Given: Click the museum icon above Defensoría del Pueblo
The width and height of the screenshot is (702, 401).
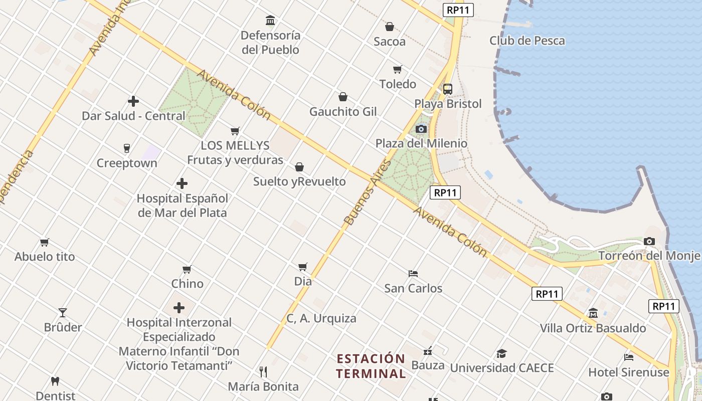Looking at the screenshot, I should (270, 21).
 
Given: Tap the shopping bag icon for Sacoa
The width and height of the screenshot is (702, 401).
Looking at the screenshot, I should (389, 27).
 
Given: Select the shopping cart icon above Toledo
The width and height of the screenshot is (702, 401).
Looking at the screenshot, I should (398, 69).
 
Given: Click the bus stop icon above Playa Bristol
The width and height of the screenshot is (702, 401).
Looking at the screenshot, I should (448, 89).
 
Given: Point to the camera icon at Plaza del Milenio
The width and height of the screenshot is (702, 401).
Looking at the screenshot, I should (421, 129).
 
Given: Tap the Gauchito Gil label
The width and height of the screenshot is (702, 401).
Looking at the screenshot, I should (343, 111).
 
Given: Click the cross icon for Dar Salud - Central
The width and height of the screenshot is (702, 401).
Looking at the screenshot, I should (133, 101).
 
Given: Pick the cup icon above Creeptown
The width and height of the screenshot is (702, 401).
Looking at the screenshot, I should (127, 148).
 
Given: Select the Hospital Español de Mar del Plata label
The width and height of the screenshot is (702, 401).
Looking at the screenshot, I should (182, 206).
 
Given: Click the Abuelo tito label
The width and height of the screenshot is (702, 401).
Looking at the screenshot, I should (45, 257).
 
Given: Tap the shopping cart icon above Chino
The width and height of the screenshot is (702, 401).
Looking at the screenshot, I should (187, 269).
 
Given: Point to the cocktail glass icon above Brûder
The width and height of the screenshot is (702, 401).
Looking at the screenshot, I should (63, 313).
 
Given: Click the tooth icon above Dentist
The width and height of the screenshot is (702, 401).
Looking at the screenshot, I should (55, 381).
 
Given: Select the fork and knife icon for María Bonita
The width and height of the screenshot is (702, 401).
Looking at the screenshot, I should (263, 372).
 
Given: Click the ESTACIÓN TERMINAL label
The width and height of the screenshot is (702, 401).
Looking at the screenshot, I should (371, 366).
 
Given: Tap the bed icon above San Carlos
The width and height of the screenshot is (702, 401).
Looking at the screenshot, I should (413, 274).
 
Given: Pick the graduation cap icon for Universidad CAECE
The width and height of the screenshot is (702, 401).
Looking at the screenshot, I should (501, 353).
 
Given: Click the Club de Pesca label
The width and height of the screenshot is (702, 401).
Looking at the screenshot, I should (527, 41).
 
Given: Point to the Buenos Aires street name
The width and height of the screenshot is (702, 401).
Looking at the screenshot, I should (368, 192).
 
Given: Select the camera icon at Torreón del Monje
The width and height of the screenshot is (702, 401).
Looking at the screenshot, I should (649, 242).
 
